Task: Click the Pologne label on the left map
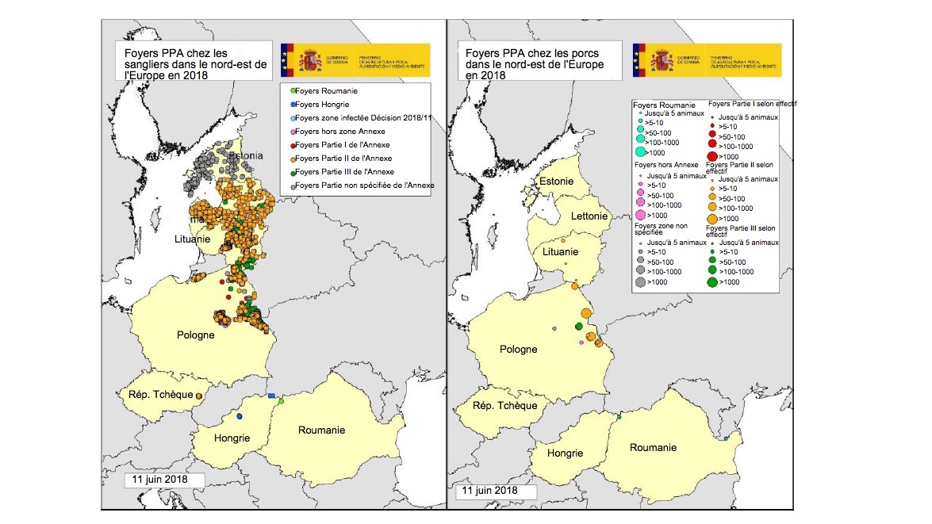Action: coord(195,335)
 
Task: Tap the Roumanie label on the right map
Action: coord(653,448)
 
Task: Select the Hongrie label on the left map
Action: coord(232,438)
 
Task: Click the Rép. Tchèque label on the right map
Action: coord(504,405)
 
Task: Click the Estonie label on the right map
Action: coord(556,182)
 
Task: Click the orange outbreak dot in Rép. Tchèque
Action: coord(198,395)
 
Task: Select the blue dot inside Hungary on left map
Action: coord(239,416)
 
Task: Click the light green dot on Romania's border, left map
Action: coord(281,401)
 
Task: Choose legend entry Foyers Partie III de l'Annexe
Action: coord(350,171)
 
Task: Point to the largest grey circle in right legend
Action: coord(639,281)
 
